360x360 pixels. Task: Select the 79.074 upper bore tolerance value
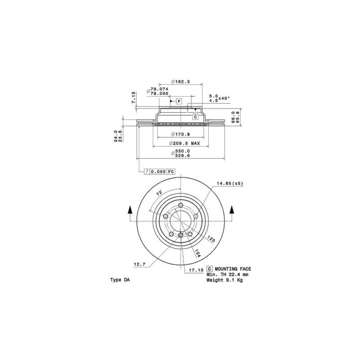160,88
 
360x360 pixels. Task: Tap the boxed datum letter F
179,101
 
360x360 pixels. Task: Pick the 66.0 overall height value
232,116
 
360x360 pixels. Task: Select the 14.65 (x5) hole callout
229,184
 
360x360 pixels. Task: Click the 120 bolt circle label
211,239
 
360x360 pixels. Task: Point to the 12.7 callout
139,264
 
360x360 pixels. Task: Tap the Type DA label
120,280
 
